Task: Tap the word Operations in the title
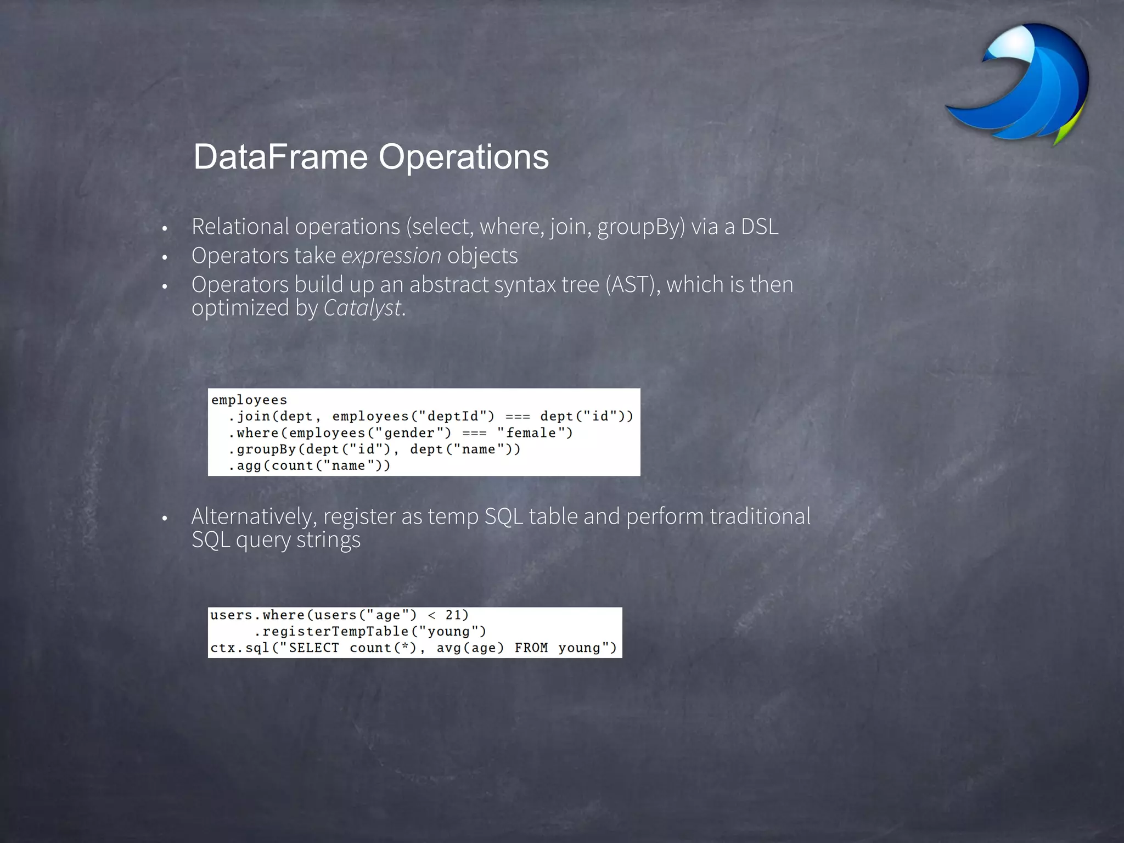tap(464, 157)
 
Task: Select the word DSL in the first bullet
tap(760, 227)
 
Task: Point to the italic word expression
tap(391, 256)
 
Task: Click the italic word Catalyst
tap(363, 308)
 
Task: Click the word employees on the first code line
tap(249, 400)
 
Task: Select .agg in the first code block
tap(245, 466)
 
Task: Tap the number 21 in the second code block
tap(453, 615)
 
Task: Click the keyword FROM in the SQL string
tap(531, 648)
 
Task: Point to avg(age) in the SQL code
tap(470, 648)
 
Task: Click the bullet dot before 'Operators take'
tap(164, 257)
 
